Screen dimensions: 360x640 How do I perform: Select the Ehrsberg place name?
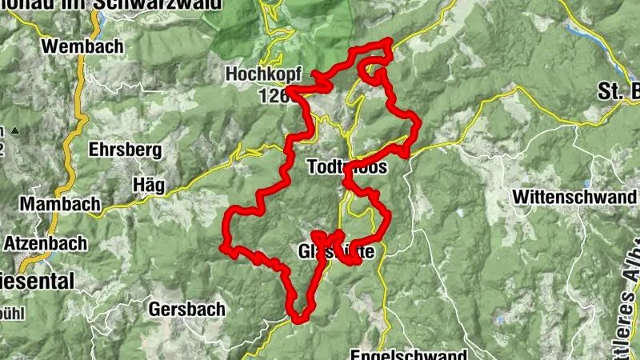[x=126, y=150]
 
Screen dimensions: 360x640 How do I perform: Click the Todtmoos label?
[x=346, y=168]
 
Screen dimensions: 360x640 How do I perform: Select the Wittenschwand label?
[x=575, y=196]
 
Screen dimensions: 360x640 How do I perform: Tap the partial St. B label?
[x=618, y=90]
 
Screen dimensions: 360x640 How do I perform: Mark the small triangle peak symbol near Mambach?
[x=14, y=130]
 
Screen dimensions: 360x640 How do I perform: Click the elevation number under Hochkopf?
[x=272, y=96]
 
